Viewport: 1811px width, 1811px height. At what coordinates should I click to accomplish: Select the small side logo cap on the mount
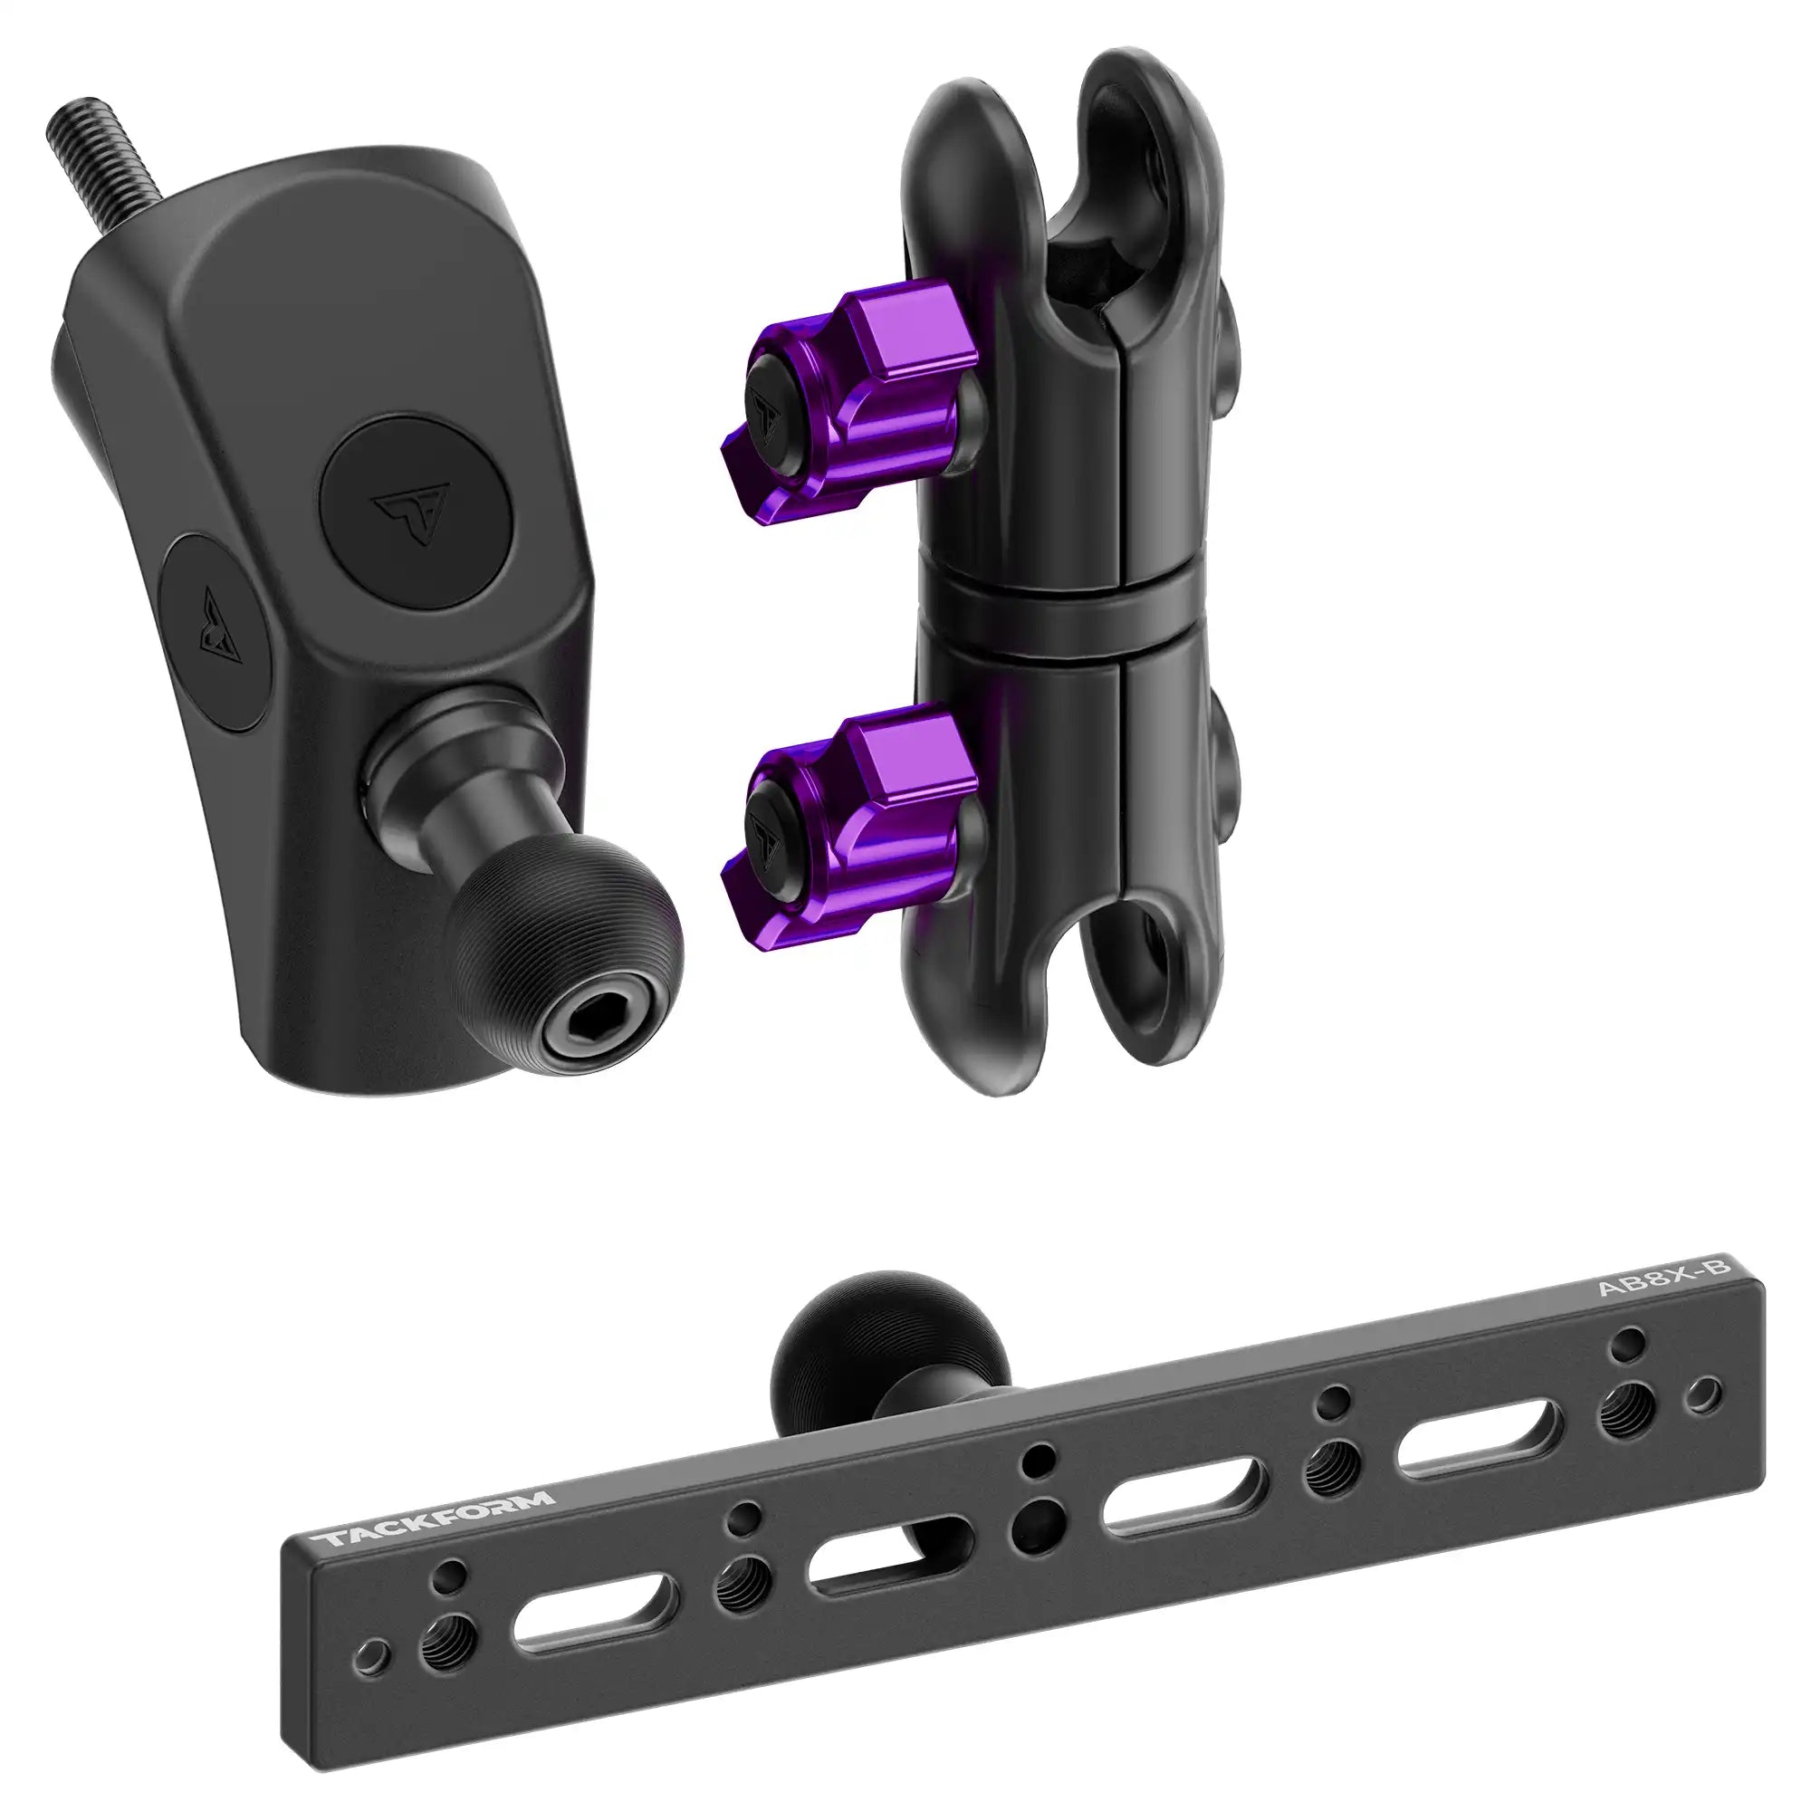tap(215, 632)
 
